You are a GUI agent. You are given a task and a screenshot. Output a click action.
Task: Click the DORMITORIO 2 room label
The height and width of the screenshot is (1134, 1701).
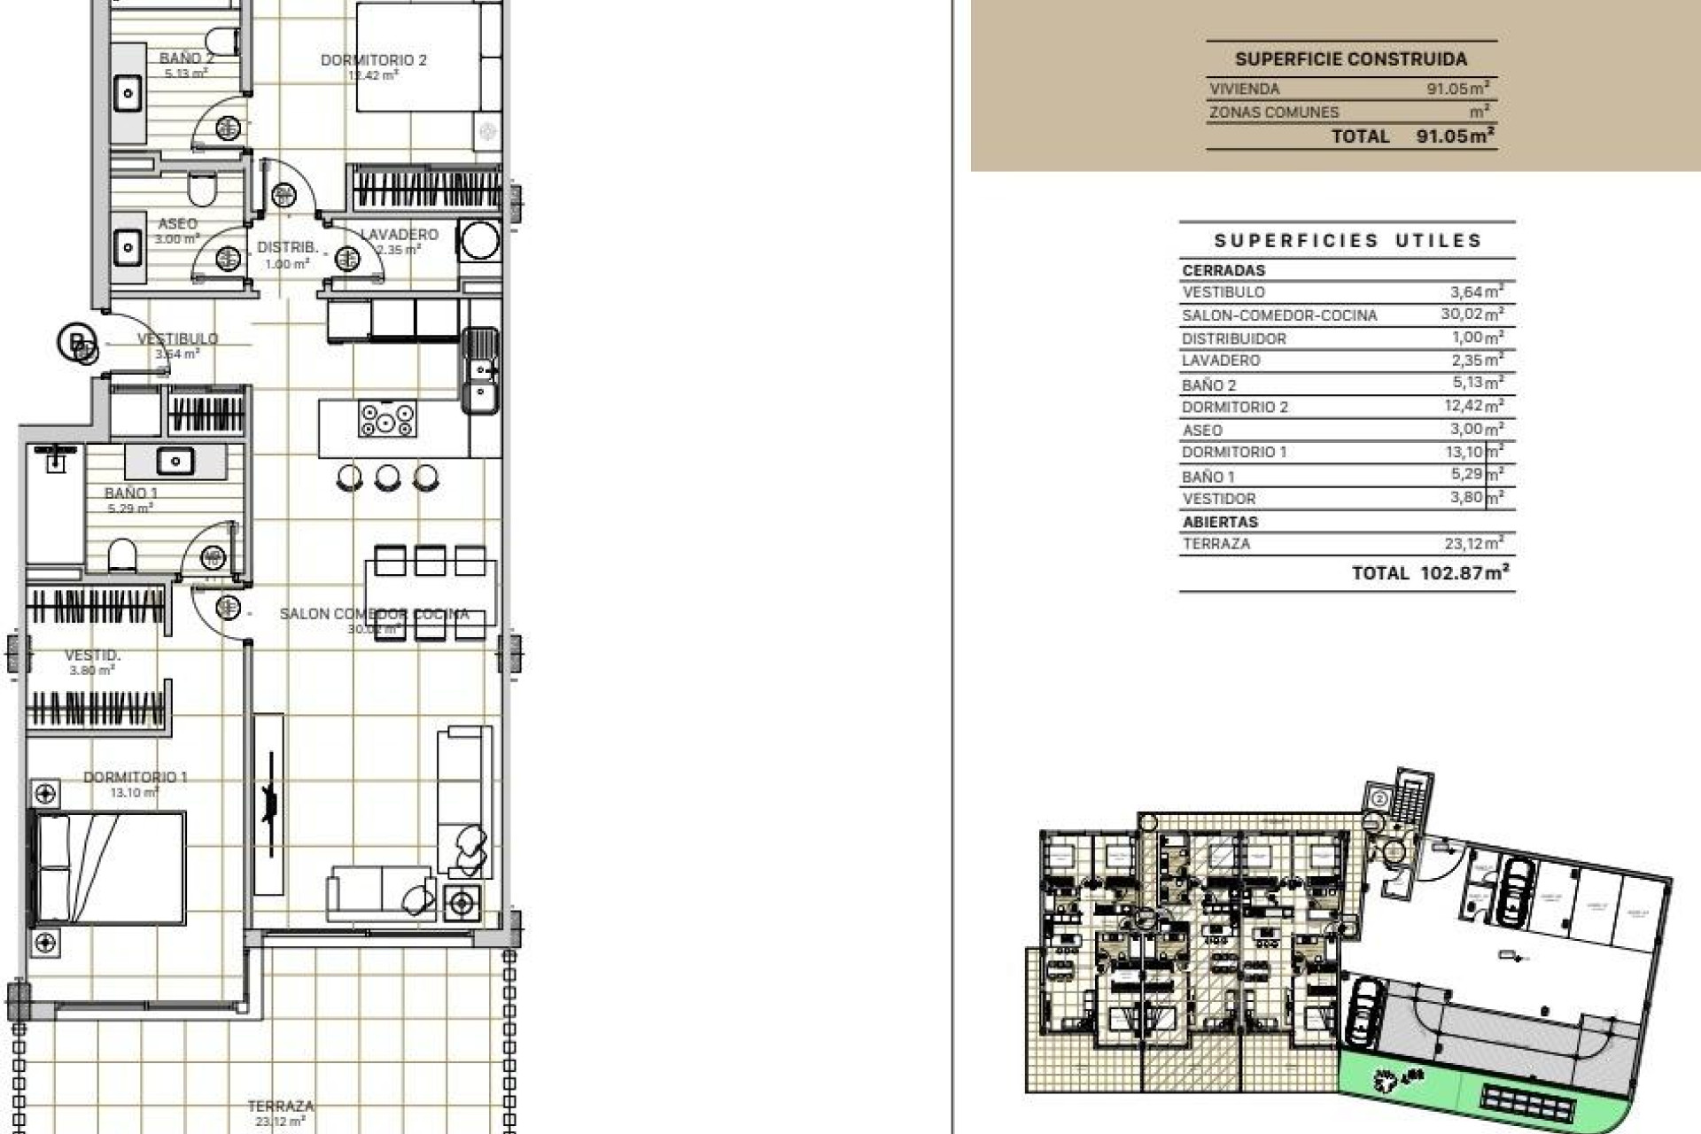pos(373,60)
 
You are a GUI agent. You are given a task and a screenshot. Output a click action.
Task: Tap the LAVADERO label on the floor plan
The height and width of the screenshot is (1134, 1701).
pos(399,235)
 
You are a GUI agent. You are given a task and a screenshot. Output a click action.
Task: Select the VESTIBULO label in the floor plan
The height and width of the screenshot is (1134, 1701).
pos(177,338)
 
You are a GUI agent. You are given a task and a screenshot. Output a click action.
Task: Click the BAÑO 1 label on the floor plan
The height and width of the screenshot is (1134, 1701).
pos(131,493)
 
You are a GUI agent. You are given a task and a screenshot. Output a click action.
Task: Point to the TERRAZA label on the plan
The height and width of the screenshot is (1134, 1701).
pos(280,1106)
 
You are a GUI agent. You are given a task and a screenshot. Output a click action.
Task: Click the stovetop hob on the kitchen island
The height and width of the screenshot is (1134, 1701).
pos(387,418)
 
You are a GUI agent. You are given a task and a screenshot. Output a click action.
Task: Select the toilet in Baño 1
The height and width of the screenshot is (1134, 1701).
pos(122,555)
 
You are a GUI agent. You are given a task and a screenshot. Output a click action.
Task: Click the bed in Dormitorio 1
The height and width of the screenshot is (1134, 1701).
pos(108,868)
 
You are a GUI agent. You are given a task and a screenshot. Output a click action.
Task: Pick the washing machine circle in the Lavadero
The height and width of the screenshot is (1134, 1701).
pos(480,240)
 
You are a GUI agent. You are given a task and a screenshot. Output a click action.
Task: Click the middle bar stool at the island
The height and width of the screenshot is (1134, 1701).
pos(387,478)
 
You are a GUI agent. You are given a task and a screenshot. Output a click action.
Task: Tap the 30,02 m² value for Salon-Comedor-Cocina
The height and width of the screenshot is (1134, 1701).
pos(1471,315)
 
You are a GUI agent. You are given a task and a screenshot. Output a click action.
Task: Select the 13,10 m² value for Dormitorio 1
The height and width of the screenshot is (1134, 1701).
pos(1471,452)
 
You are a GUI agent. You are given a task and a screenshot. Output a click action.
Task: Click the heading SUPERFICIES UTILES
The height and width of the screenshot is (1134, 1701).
pos(1348,240)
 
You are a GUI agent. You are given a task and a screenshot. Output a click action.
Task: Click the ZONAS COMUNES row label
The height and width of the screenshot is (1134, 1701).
pos(1274,113)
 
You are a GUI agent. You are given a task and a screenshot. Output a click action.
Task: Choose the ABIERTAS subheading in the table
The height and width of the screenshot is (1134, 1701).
pos(1220,522)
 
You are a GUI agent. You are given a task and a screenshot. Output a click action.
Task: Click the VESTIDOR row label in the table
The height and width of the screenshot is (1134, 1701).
pos(1218,499)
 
